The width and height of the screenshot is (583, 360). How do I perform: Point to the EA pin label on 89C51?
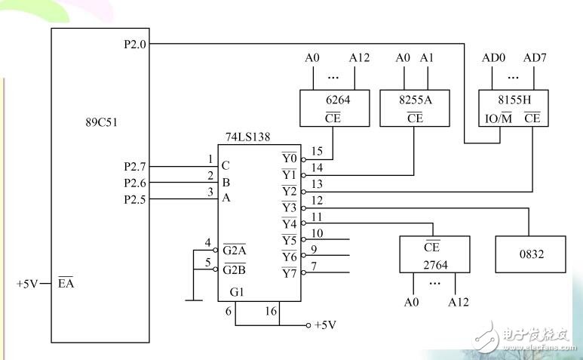(66, 285)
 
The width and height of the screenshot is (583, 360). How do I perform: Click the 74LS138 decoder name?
(248, 138)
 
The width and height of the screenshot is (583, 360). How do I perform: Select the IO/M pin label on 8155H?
(497, 118)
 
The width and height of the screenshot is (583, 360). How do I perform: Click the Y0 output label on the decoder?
(289, 158)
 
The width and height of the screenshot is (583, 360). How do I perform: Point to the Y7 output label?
(289, 273)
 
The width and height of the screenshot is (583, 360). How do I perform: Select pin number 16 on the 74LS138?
(272, 310)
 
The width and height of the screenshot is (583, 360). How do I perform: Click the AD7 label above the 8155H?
(534, 57)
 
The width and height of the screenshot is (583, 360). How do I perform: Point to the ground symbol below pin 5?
(193, 300)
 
